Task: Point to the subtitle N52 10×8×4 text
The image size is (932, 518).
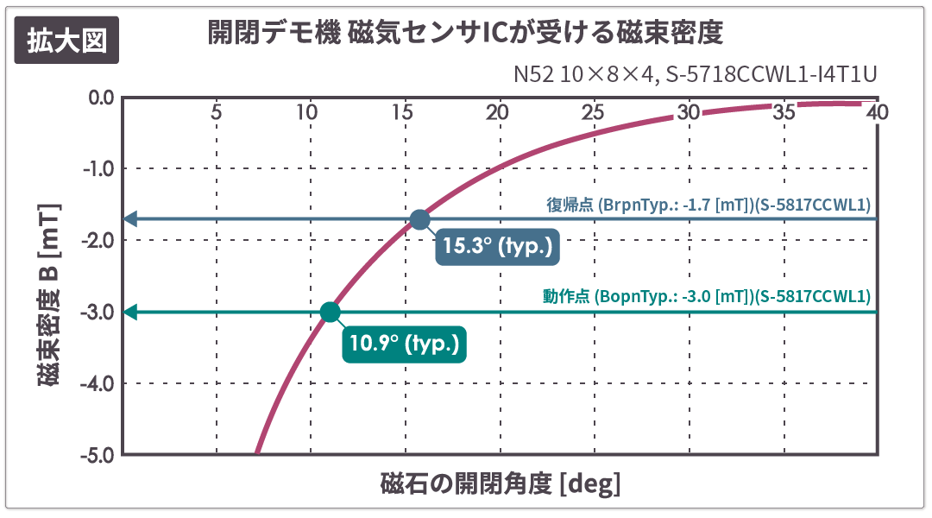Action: coord(695,74)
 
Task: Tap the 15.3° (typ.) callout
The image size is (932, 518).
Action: coord(496,246)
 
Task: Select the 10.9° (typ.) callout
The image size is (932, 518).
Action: coord(404,344)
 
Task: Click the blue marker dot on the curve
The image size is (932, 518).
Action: coord(419,219)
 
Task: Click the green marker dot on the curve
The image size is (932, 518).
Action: coord(330,312)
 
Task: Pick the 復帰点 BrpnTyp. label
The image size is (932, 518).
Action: coord(708,205)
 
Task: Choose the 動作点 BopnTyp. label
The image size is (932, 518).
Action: coord(706,296)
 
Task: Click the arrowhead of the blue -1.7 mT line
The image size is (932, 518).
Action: coord(130,218)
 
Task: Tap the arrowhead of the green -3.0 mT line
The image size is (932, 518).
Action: coord(130,312)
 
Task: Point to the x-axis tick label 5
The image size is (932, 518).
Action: coord(216,112)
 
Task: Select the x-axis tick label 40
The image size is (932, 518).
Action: coord(877,112)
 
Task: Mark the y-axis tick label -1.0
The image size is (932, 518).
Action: coord(98,168)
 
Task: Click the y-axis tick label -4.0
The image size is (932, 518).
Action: coord(98,382)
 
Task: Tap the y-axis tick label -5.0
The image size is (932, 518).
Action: coord(98,454)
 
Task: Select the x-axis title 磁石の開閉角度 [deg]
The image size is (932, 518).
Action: coord(500,483)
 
